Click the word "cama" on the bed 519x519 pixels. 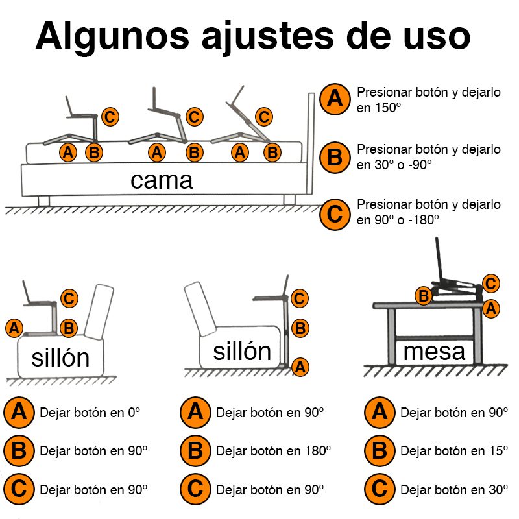click(x=162, y=180)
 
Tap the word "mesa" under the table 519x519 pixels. click(x=434, y=352)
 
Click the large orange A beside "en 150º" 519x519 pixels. click(x=335, y=99)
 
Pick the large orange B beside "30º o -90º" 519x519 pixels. click(x=335, y=157)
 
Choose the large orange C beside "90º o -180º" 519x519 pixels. click(x=335, y=213)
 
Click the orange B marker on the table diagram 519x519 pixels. click(x=424, y=296)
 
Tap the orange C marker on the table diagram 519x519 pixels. click(x=491, y=284)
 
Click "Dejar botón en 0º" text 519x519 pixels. click(x=90, y=412)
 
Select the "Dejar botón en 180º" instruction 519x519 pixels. click(x=273, y=450)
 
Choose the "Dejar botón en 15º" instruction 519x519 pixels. click(x=454, y=450)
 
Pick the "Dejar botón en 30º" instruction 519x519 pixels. click(x=454, y=489)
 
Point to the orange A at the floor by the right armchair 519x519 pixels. click(x=300, y=367)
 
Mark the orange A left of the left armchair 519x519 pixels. click(x=14, y=328)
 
